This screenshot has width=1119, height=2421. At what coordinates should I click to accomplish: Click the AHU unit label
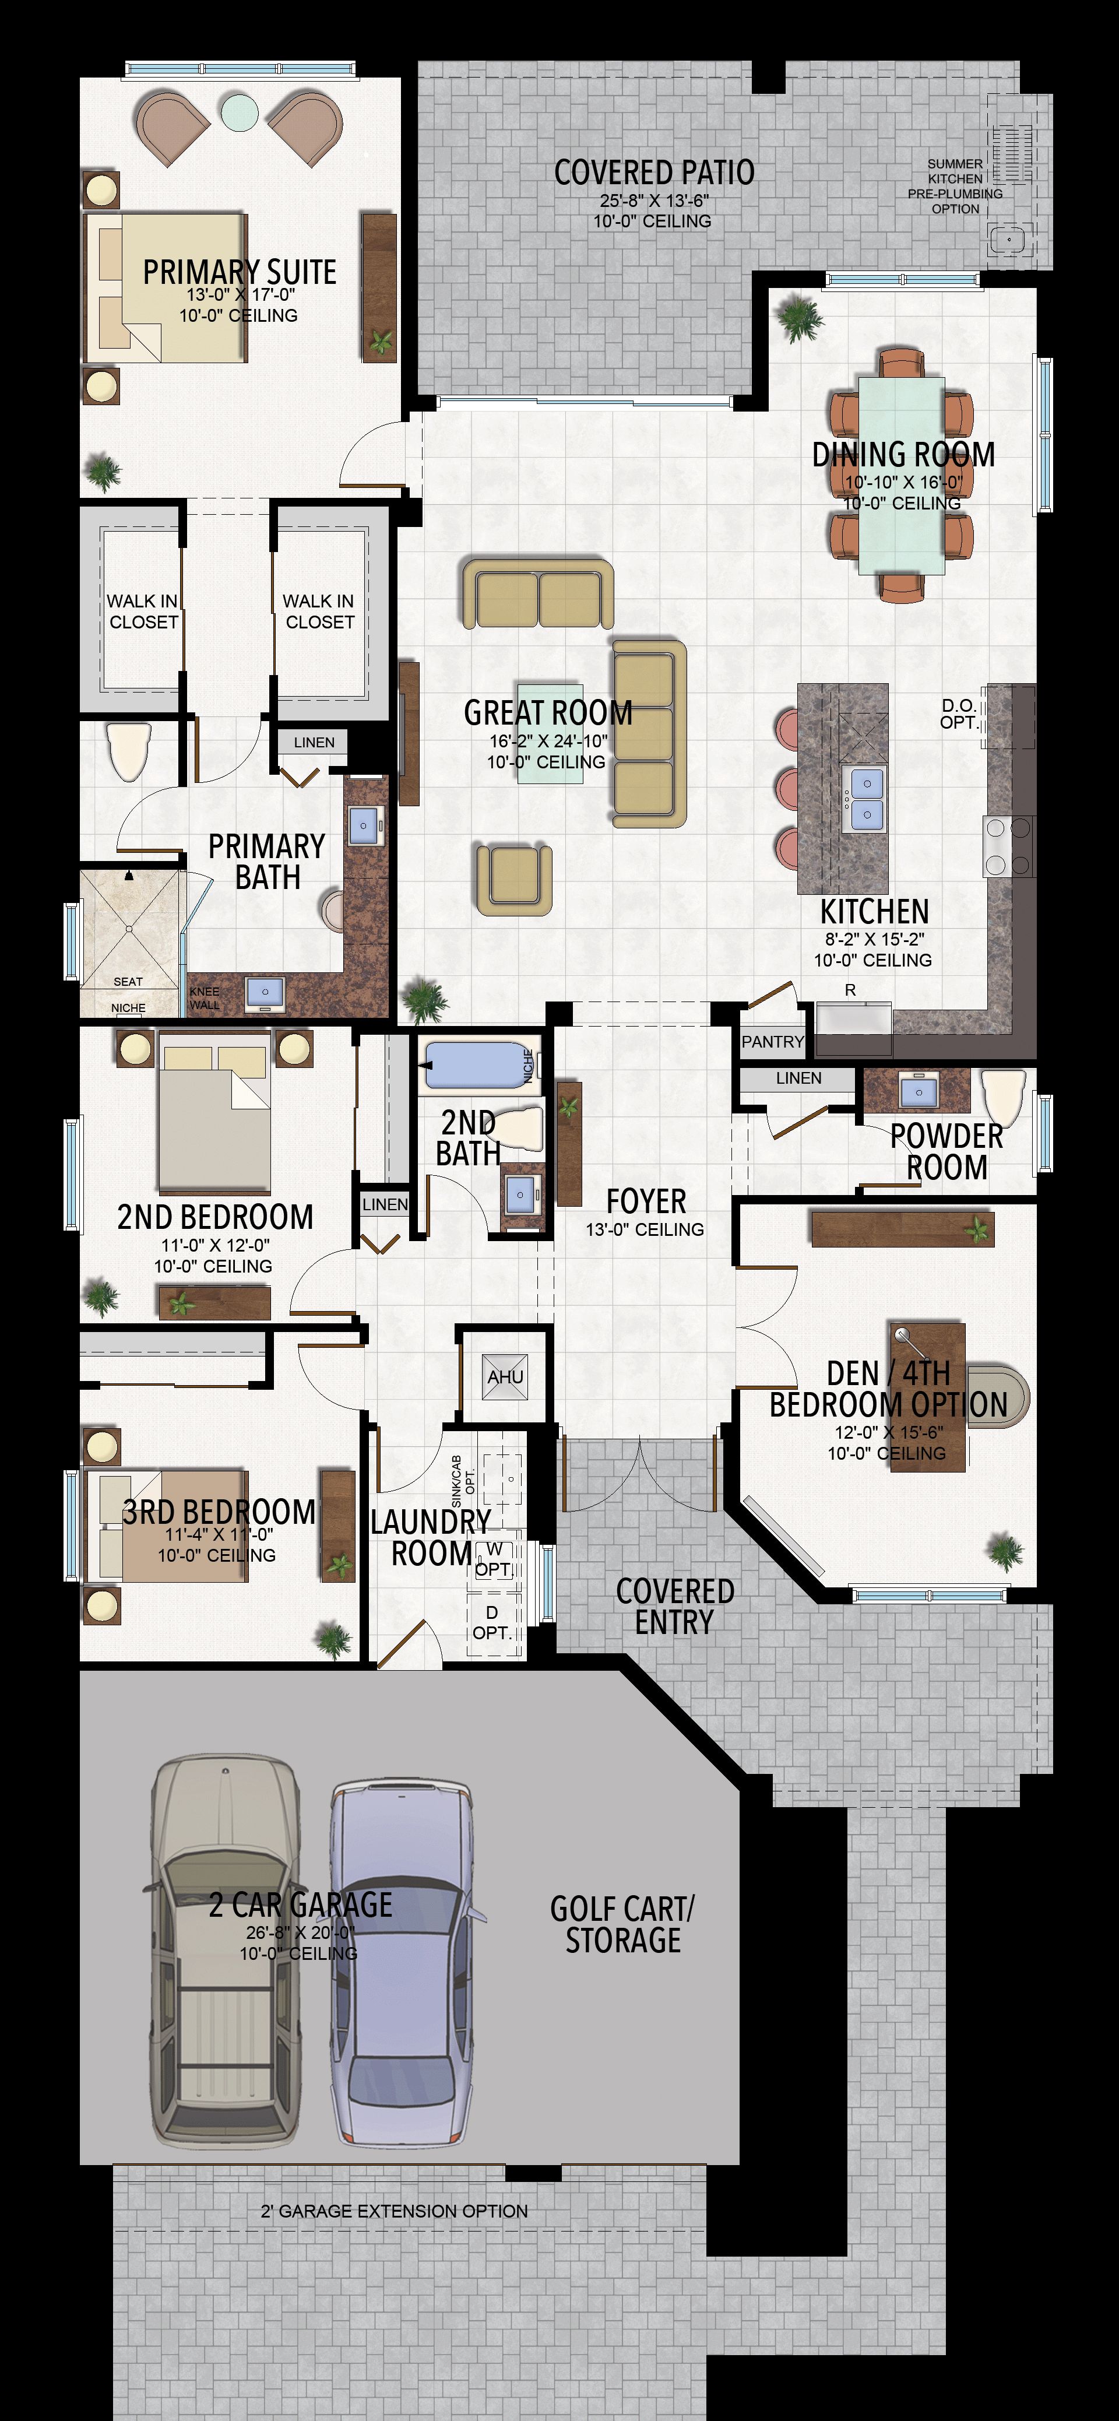pyautogui.click(x=505, y=1377)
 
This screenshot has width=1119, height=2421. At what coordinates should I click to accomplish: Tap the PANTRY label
pyautogui.click(x=772, y=1041)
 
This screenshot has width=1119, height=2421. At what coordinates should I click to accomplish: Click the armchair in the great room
pyautogui.click(x=513, y=879)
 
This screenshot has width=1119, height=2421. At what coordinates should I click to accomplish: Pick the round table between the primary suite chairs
pyautogui.click(x=240, y=111)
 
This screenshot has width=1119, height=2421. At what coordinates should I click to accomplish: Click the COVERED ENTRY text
pyautogui.click(x=674, y=1605)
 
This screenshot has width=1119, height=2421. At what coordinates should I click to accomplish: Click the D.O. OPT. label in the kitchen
pyautogui.click(x=958, y=714)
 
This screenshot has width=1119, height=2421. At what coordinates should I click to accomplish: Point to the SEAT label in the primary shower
pyautogui.click(x=128, y=981)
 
